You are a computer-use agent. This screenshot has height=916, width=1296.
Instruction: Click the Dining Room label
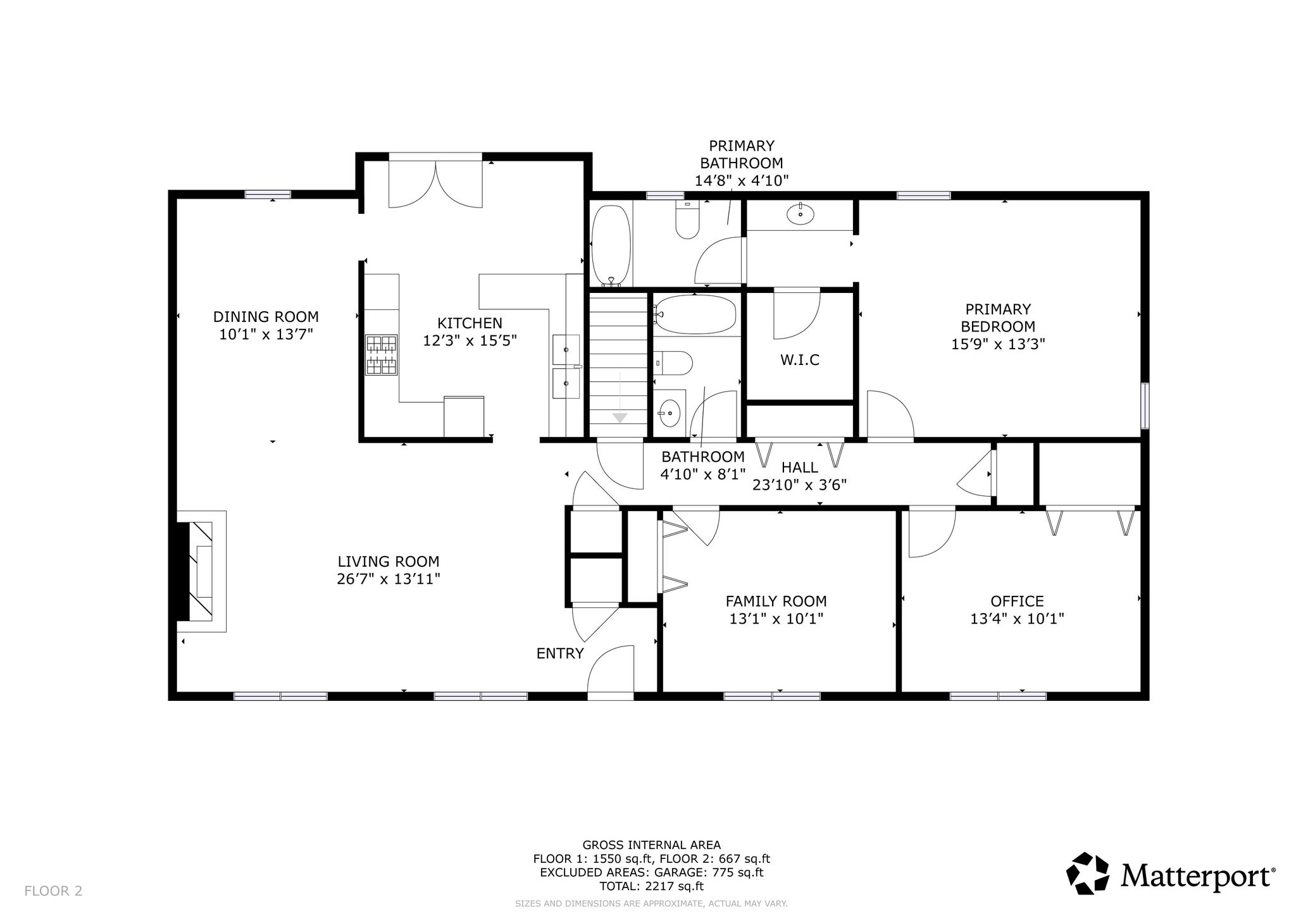(x=266, y=316)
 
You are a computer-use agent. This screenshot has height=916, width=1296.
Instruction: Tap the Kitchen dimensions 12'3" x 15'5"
(x=470, y=340)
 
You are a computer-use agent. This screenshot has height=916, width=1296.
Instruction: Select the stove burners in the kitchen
(x=382, y=355)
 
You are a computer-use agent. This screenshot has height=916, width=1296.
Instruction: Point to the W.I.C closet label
(x=800, y=360)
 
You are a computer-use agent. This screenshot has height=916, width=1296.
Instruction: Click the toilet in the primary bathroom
(x=687, y=220)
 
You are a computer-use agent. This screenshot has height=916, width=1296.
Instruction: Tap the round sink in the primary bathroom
(x=801, y=214)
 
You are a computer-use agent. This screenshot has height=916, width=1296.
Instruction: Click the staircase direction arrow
(x=620, y=418)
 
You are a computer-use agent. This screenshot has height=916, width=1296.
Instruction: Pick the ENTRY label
(x=560, y=653)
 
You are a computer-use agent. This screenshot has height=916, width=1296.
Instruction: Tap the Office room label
(x=1017, y=601)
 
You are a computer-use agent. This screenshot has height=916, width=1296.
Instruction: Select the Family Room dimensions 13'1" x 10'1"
(x=776, y=619)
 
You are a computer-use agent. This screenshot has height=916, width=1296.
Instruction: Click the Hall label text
(x=800, y=467)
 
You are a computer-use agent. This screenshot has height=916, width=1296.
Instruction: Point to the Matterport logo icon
(x=1088, y=874)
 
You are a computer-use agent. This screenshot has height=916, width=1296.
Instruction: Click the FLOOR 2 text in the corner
(x=54, y=891)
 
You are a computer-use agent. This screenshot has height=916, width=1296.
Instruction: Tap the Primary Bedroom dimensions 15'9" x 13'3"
(x=998, y=344)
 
